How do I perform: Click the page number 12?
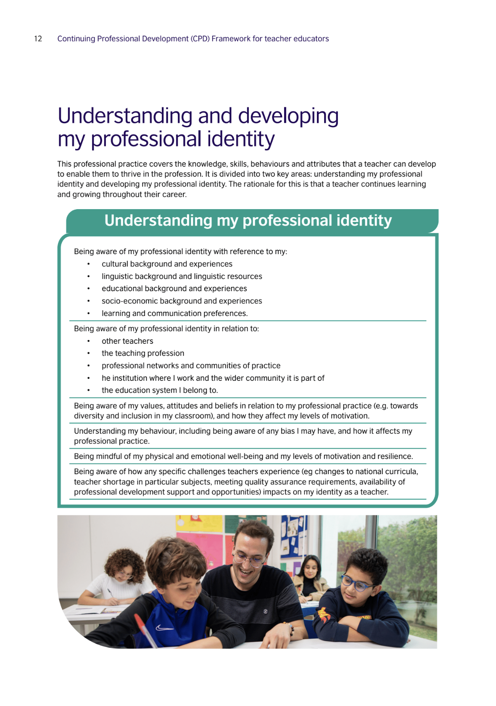[38, 39]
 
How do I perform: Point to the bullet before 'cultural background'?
[89, 264]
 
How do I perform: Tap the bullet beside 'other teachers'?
[89, 341]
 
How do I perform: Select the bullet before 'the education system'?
[89, 390]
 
